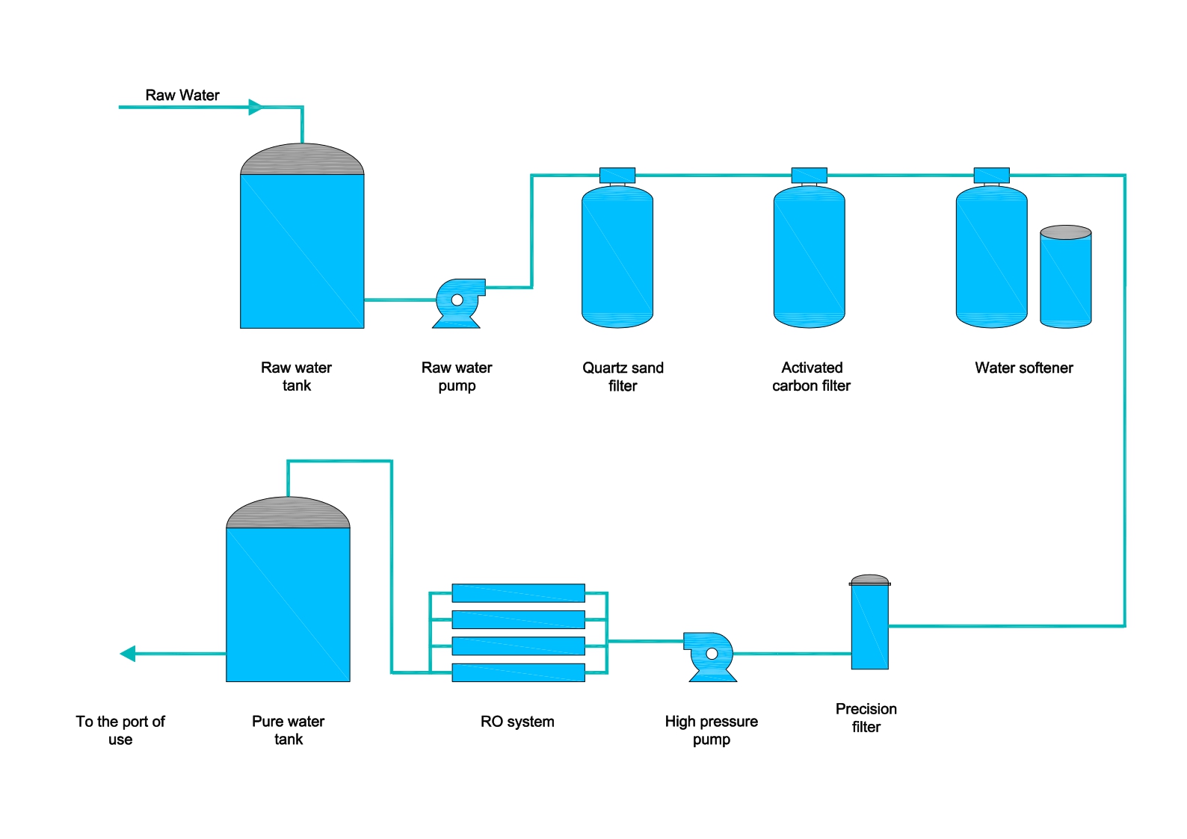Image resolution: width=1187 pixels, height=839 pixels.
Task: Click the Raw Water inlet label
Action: tap(182, 95)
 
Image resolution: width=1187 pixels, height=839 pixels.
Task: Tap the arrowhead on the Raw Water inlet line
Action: tap(256, 108)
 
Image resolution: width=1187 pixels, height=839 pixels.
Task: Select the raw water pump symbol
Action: tap(457, 302)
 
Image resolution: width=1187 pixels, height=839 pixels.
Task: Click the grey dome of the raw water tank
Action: tap(302, 160)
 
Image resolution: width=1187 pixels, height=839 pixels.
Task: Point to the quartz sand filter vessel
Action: tap(617, 257)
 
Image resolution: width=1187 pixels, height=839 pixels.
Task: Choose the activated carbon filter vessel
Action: tap(809, 257)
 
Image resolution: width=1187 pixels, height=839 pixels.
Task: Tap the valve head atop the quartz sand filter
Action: tap(617, 176)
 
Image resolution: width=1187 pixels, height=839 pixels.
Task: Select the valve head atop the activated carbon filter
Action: tap(809, 176)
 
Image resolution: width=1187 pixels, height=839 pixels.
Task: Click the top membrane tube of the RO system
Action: tap(518, 593)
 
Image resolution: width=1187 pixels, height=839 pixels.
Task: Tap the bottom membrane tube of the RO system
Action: tap(518, 672)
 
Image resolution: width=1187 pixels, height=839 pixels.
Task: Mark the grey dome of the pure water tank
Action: tap(288, 514)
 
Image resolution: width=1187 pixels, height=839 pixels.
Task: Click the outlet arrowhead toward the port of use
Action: tap(128, 654)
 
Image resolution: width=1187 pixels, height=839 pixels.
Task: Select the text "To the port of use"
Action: tap(120, 730)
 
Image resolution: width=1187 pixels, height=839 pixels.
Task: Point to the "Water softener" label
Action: tap(1023, 368)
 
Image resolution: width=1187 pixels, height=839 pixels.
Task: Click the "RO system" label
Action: tap(517, 722)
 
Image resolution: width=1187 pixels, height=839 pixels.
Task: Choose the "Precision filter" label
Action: tap(866, 717)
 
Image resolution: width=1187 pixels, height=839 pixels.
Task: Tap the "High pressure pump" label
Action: tap(711, 730)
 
